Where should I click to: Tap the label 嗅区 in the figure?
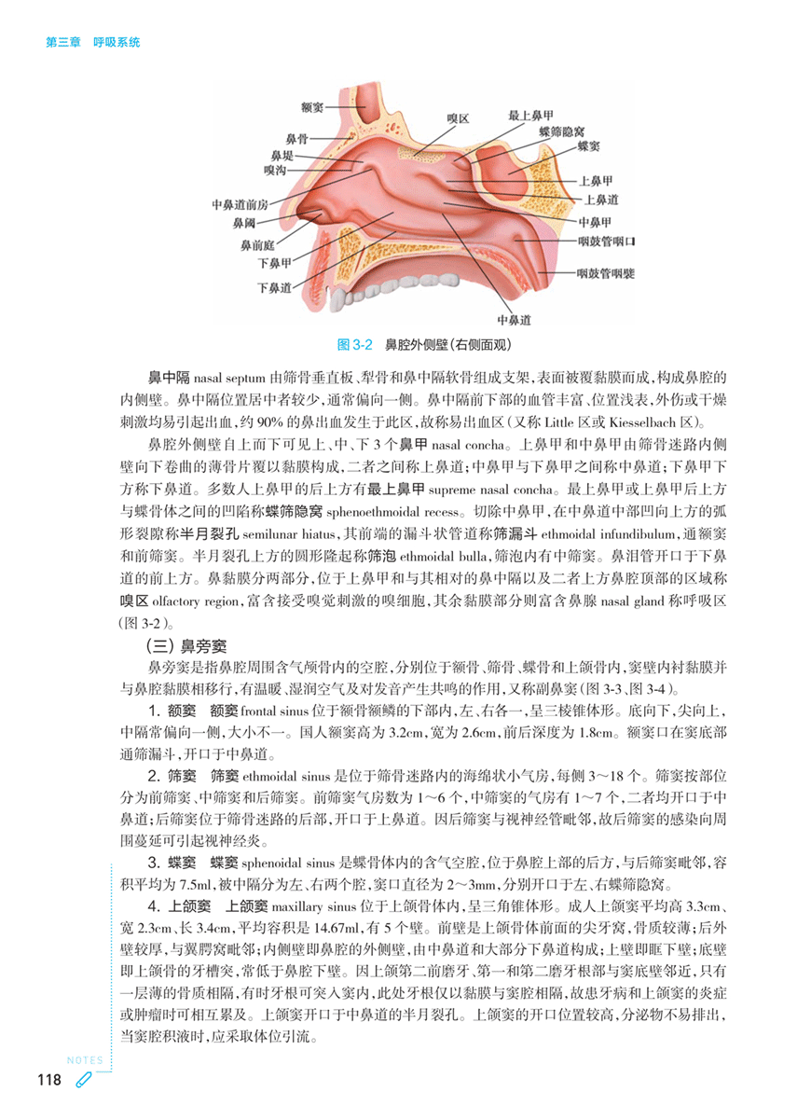(x=458, y=119)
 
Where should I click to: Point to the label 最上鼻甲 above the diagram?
(x=532, y=116)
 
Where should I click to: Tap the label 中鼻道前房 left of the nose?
(x=240, y=204)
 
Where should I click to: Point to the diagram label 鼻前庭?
(x=255, y=244)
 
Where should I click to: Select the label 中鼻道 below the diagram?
(x=515, y=319)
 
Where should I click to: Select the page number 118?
(x=48, y=1080)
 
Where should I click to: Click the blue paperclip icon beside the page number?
(x=82, y=1080)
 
